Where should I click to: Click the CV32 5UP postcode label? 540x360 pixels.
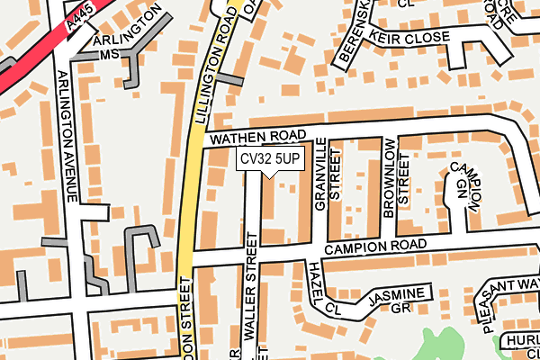coord(270,158)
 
